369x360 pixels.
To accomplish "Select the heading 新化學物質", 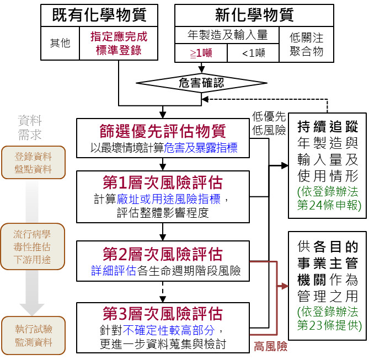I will click(254, 15).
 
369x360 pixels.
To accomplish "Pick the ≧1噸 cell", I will click(201, 54).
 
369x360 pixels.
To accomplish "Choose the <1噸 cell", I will click(253, 54).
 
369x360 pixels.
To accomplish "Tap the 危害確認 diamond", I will click(202, 83).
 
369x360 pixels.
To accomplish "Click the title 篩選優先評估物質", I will click(163, 132).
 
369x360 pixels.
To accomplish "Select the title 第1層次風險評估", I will click(163, 182).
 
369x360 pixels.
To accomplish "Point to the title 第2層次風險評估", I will click(163, 254).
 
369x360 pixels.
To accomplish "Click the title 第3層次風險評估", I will click(163, 314).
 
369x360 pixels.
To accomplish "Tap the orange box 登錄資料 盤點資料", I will click(34, 163).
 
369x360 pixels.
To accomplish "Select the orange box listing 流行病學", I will click(33, 246).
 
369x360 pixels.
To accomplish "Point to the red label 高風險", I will click(270, 347).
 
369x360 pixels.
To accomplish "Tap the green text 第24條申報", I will click(329, 205).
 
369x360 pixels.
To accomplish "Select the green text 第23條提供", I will click(329, 324).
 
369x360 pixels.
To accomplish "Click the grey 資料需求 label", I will click(30, 127).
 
